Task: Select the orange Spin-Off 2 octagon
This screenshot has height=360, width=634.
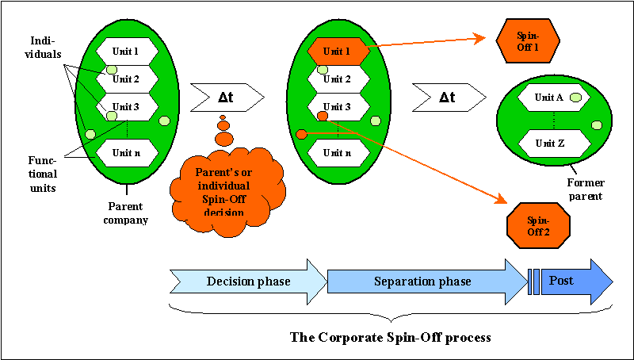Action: pos(538,225)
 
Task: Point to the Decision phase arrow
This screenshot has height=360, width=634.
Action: pos(248,281)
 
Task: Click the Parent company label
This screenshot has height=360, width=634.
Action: pos(126,213)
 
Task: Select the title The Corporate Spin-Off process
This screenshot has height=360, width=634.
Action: pos(391,337)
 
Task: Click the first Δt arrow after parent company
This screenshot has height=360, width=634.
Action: pos(226,98)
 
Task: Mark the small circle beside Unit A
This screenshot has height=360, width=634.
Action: pos(577,97)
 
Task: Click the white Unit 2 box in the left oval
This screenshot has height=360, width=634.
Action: pos(127,79)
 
